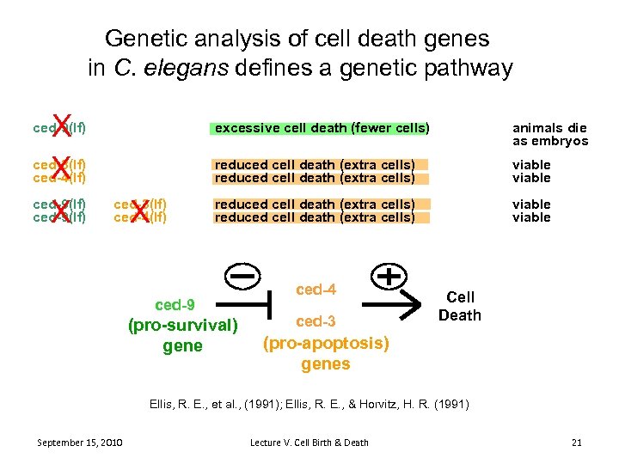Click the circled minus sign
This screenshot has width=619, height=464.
click(x=245, y=276)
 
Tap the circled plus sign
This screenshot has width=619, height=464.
click(x=389, y=276)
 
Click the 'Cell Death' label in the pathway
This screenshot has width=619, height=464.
click(x=460, y=306)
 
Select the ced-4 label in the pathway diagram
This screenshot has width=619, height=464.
click(x=316, y=290)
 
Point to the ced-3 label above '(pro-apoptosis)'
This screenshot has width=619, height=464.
click(x=316, y=321)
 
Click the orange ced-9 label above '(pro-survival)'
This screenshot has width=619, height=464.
click(x=175, y=305)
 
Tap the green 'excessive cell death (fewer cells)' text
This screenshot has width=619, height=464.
click(x=321, y=128)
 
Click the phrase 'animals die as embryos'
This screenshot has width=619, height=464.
click(x=550, y=135)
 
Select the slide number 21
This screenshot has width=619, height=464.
click(x=576, y=443)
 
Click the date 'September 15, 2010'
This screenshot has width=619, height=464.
click(x=80, y=443)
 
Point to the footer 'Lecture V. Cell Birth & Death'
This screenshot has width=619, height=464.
click(x=309, y=443)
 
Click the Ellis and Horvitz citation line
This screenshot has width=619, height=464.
click(x=309, y=402)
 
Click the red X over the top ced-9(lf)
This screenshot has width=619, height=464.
click(x=60, y=125)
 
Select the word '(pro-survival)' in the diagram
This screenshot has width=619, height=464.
click(x=182, y=326)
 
